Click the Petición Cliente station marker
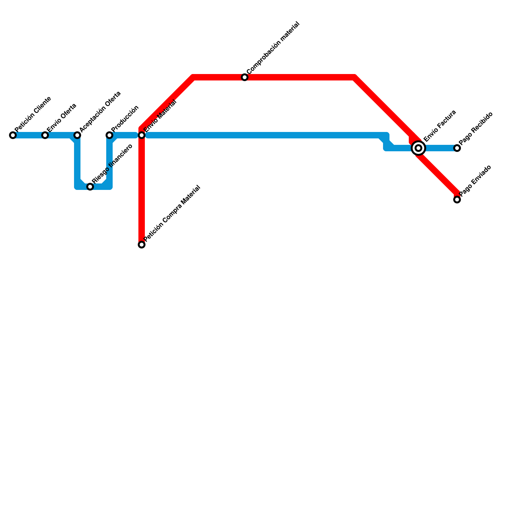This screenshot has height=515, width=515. click(13, 135)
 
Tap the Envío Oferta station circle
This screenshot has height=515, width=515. click(45, 135)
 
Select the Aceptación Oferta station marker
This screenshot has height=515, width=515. click(77, 135)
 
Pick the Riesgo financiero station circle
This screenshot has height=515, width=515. click(90, 187)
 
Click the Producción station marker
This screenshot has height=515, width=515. click(109, 135)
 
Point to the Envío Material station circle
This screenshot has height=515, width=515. click(142, 135)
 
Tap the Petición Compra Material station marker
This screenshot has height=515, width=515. click(142, 245)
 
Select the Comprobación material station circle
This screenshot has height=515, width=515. click(245, 77)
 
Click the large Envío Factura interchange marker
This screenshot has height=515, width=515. click(418, 148)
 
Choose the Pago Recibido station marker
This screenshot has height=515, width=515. click(457, 148)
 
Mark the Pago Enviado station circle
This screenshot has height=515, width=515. click(457, 200)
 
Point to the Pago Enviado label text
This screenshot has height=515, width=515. click(475, 181)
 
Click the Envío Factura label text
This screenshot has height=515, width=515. click(440, 126)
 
